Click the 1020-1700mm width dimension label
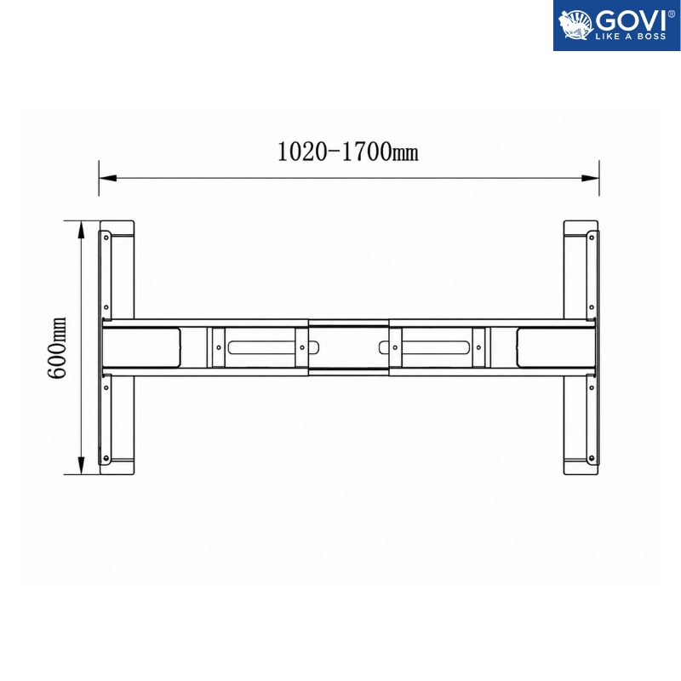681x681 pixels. pyautogui.click(x=348, y=152)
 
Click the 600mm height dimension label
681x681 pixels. pyautogui.click(x=57, y=347)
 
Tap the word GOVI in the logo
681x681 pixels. pyautogui.click(x=631, y=20)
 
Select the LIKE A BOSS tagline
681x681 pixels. pyautogui.click(x=631, y=37)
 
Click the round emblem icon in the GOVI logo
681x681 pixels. pyautogui.click(x=575, y=25)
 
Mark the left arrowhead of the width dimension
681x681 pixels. pyautogui.click(x=108, y=178)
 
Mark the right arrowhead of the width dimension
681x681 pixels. pyautogui.click(x=590, y=178)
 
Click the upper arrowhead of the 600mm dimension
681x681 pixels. pyautogui.click(x=81, y=230)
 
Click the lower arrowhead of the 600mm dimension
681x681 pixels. pyautogui.click(x=81, y=465)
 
